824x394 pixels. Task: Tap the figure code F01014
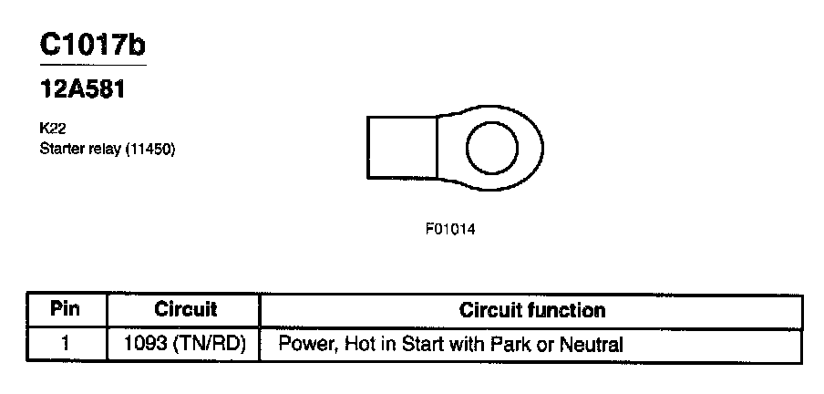pyautogui.click(x=450, y=229)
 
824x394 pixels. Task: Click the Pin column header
pyautogui.click(x=65, y=309)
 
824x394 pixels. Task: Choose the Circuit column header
pyautogui.click(x=185, y=309)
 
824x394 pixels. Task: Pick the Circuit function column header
pyautogui.click(x=531, y=310)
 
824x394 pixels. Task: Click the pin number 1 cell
pyautogui.click(x=65, y=345)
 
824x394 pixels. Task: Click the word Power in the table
pyautogui.click(x=301, y=345)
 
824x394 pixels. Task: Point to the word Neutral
pyautogui.click(x=593, y=345)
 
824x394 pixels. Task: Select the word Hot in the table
pyautogui.click(x=347, y=345)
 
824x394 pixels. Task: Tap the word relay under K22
pyautogui.click(x=105, y=149)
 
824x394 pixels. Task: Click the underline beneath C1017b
pyautogui.click(x=92, y=65)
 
